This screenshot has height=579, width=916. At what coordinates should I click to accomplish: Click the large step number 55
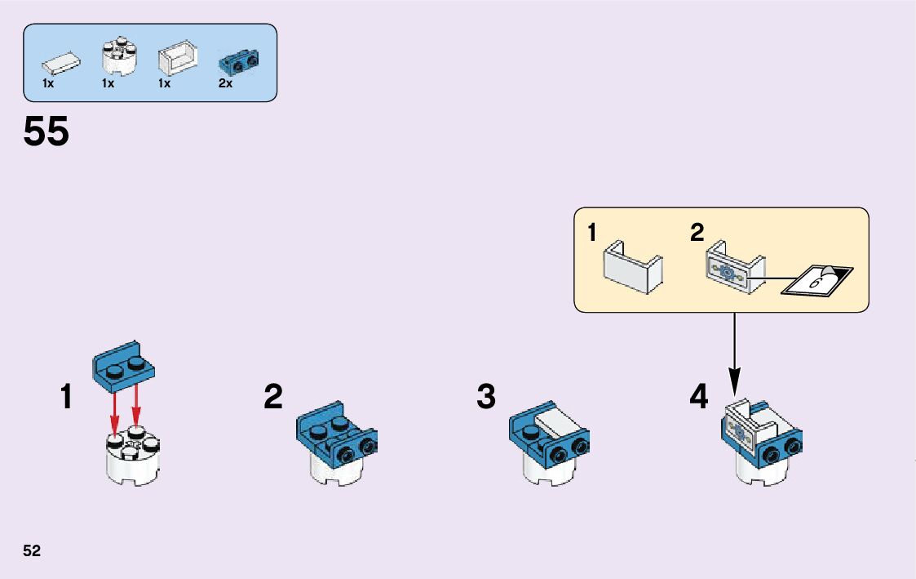tap(46, 132)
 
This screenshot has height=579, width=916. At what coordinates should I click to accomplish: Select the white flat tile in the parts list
tap(61, 62)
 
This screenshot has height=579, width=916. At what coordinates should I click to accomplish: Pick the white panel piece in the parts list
tap(178, 60)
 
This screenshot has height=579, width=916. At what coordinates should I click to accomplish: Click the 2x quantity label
tap(226, 83)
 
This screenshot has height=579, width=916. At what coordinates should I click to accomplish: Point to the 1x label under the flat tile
tap(48, 83)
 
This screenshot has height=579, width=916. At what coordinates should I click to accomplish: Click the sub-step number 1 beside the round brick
tap(67, 398)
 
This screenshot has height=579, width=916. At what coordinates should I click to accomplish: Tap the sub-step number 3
tap(486, 398)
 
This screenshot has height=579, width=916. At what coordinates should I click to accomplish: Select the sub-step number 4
tap(699, 398)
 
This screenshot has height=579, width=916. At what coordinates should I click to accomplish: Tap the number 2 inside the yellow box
tap(697, 234)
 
